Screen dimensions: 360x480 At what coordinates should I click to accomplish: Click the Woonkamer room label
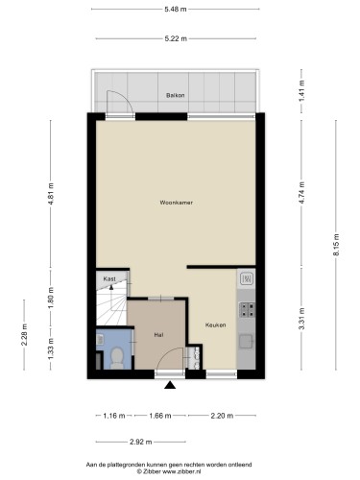[177, 203]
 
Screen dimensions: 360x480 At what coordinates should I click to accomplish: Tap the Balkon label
[176, 95]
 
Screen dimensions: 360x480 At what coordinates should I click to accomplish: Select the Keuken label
[216, 325]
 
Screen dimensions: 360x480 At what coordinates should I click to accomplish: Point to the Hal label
[158, 335]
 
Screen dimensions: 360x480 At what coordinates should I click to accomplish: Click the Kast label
[109, 279]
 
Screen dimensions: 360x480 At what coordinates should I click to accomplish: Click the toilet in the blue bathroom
[117, 358]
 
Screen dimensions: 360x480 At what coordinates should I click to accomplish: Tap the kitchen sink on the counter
[247, 341]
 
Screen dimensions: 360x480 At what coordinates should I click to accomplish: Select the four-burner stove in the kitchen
[248, 310]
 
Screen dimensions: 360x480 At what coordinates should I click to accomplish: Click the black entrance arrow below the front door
[170, 385]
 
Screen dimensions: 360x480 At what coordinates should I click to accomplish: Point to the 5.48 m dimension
[176, 10]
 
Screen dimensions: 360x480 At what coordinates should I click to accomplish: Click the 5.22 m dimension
[176, 38]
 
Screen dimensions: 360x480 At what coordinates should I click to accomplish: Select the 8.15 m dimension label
[336, 245]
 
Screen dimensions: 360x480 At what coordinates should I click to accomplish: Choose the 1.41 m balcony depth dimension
[301, 91]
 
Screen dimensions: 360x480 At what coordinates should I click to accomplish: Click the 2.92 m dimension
[141, 443]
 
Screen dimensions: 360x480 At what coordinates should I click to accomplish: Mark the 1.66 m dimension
[160, 416]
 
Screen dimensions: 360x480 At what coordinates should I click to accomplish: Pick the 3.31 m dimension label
[301, 319]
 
